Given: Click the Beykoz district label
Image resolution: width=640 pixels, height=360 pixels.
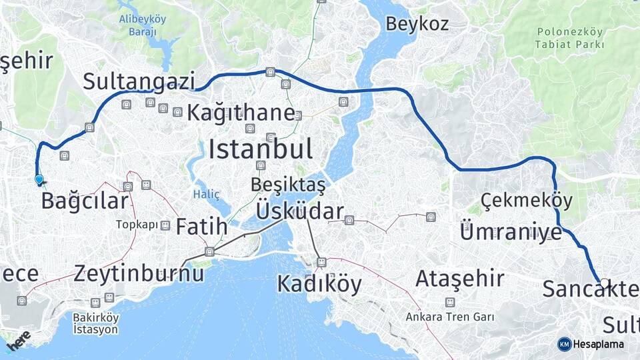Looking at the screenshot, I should pyautogui.click(x=417, y=24).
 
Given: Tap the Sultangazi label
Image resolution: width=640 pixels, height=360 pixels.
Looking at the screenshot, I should pyautogui.click(x=139, y=81).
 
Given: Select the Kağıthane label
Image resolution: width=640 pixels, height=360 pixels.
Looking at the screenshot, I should pyautogui.click(x=240, y=113).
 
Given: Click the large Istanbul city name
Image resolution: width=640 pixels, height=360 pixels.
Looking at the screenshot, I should pyautogui.click(x=260, y=149).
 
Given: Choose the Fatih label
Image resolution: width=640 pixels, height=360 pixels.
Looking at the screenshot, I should pyautogui.click(x=201, y=227).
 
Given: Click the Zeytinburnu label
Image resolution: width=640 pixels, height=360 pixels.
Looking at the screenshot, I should pyautogui.click(x=139, y=273).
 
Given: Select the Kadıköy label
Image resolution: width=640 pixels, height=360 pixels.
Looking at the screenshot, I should pyautogui.click(x=319, y=285).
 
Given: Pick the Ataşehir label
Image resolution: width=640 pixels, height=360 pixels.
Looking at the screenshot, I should pyautogui.click(x=459, y=279).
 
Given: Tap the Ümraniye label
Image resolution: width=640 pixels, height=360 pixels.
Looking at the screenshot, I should pyautogui.click(x=511, y=232).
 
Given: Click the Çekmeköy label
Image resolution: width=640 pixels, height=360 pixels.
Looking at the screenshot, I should pyautogui.click(x=526, y=199).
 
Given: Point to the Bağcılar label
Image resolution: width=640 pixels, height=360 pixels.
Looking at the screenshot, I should pyautogui.click(x=84, y=201).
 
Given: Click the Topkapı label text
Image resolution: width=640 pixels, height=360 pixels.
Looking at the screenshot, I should pyautogui.click(x=136, y=225).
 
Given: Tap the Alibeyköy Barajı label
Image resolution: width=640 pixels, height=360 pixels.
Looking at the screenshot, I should pyautogui.click(x=142, y=25).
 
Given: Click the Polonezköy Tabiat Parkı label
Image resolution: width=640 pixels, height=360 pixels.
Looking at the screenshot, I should pyautogui.click(x=569, y=38).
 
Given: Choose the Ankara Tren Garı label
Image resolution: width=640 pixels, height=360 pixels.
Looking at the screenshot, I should pyautogui.click(x=450, y=317).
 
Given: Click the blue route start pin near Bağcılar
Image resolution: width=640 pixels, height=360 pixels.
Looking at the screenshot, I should pyautogui.click(x=39, y=179).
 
